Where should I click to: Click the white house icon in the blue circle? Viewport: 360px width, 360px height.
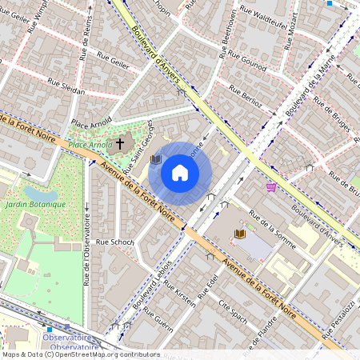180,173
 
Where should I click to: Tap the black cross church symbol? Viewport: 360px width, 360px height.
120,144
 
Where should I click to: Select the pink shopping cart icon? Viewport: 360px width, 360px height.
271,186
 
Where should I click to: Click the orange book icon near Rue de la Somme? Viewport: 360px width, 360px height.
240,234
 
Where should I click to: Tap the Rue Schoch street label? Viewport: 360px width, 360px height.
114,241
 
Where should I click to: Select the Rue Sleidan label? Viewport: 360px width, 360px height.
66,86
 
